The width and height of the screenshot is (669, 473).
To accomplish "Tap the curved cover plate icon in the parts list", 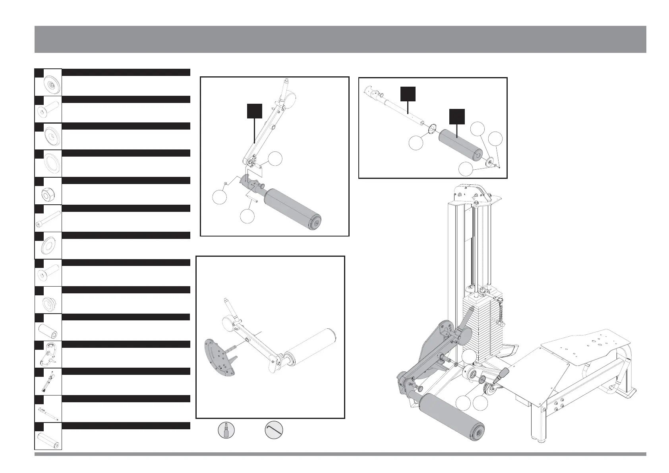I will tap(48, 354).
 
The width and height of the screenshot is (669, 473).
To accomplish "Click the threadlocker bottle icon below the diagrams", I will tap(226, 430).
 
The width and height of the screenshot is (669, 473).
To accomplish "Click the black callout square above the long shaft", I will tap(408, 93).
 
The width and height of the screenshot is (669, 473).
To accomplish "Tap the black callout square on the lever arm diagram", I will tap(254, 111).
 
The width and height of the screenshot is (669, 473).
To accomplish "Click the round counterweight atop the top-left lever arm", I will tap(290, 97).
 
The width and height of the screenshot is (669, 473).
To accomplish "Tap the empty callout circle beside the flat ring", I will tap(416, 143).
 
